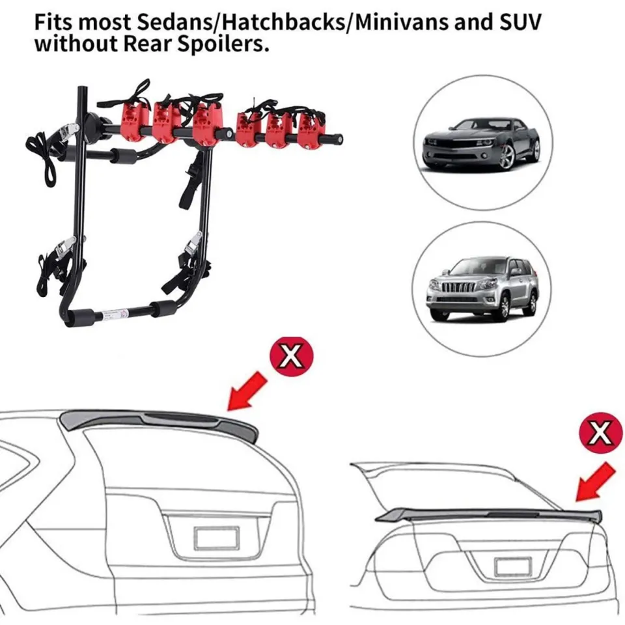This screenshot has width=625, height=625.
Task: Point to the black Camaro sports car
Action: coord(482,142)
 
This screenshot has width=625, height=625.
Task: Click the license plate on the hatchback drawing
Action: coord(217,538)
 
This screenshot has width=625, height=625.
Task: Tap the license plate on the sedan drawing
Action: coord(514,566)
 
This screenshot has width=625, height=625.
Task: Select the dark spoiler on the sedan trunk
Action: coord(488,514)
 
